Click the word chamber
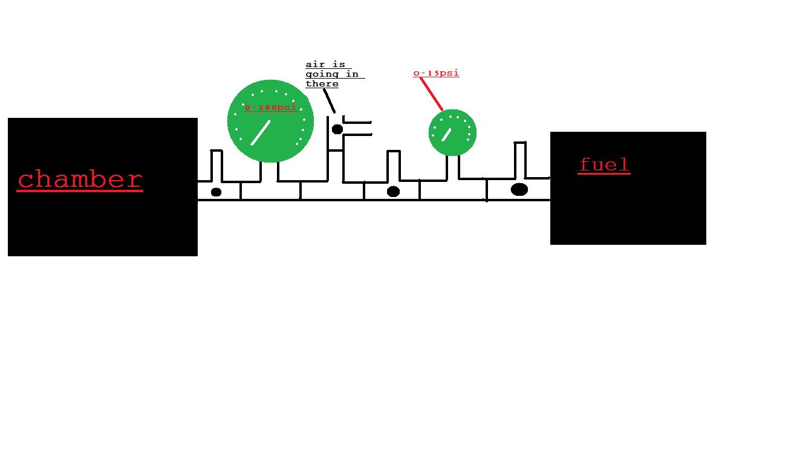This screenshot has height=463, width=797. pyautogui.click(x=79, y=180)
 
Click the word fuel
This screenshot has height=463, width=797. pyautogui.click(x=604, y=164)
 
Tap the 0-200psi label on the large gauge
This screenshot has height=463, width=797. pyautogui.click(x=271, y=108)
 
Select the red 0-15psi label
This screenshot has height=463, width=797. pyautogui.click(x=436, y=73)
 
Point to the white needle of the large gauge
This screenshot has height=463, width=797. pyautogui.click(x=261, y=132)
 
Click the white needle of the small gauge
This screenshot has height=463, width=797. pyautogui.click(x=446, y=135)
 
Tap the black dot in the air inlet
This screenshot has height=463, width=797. pyautogui.click(x=337, y=129)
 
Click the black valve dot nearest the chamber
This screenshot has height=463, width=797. pyautogui.click(x=216, y=192)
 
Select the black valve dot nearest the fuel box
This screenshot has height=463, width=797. pyautogui.click(x=519, y=189)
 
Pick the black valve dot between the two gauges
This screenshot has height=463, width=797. pyautogui.click(x=393, y=192)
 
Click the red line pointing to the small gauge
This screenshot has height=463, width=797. pyautogui.click(x=431, y=94)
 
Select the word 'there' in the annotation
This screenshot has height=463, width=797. pyautogui.click(x=322, y=84)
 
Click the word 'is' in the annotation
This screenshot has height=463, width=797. pyautogui.click(x=338, y=65)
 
